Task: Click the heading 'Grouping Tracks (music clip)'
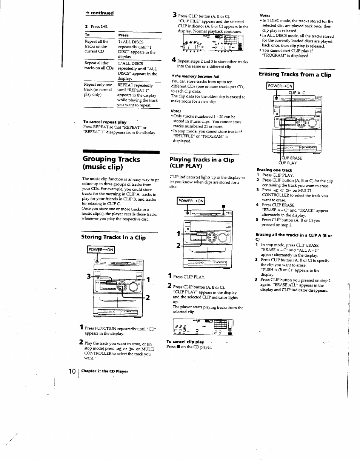pos(111,163)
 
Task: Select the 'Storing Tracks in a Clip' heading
pos(113,237)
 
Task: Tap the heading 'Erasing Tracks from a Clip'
pos(295,75)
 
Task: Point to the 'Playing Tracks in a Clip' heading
pos(202,163)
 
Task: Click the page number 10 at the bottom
pos(72,371)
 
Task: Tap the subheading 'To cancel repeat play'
pos(105,122)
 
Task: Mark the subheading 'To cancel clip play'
pos(185,342)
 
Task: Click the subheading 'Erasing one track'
pos(269,170)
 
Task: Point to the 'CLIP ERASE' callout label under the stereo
pos(291,158)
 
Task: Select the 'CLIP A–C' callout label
pos(297,92)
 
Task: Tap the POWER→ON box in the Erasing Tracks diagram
pos(280,86)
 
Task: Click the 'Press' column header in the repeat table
pos(123,35)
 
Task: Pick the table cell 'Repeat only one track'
pos(98,90)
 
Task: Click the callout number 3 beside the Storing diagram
pos(89,276)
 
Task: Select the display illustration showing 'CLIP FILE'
pos(212,43)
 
